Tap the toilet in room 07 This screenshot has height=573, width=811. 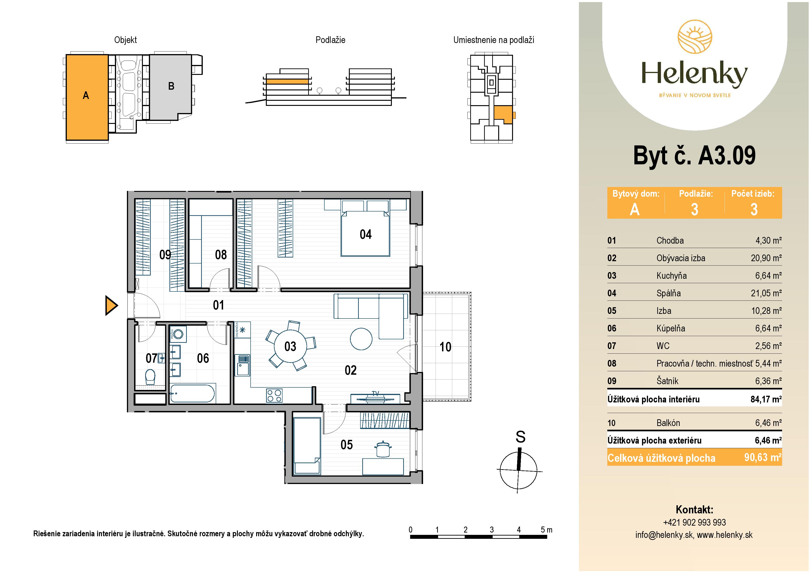(150, 377)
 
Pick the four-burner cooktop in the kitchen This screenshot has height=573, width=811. (274, 395)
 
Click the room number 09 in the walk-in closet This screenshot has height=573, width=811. (165, 254)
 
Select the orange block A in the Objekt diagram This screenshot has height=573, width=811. (87, 97)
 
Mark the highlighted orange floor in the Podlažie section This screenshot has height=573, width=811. (287, 82)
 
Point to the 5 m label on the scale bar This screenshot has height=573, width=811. (547, 530)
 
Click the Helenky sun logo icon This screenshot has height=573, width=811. (694, 37)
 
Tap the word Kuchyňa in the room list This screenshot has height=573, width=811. (671, 276)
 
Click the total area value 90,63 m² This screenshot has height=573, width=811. (763, 458)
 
